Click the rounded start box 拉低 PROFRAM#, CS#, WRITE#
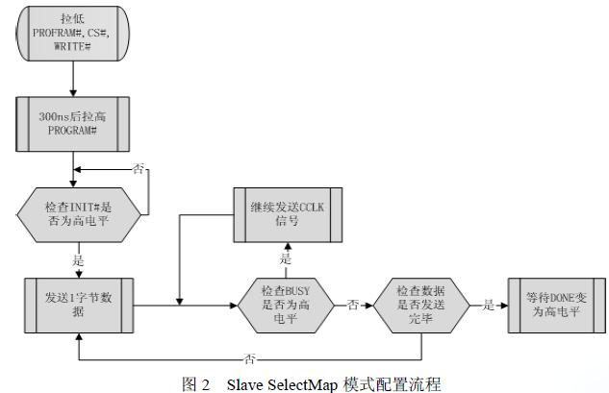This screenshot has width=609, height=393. pyautogui.click(x=73, y=34)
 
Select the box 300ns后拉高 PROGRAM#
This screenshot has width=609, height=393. pyautogui.click(x=72, y=124)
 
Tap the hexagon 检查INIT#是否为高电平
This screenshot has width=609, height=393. pyautogui.click(x=79, y=215)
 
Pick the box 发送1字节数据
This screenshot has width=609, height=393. pyautogui.click(x=79, y=306)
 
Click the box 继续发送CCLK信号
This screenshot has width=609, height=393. pyautogui.click(x=288, y=215)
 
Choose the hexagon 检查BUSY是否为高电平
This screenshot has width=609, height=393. pyautogui.click(x=286, y=306)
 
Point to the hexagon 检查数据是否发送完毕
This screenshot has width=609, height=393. pyautogui.click(x=421, y=306)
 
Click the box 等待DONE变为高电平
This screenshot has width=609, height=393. pyautogui.click(x=557, y=306)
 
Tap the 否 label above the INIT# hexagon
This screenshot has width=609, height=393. pyautogui.click(x=139, y=169)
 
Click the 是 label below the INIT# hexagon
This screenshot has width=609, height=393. pyautogui.click(x=79, y=260)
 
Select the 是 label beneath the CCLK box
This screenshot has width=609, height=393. pyautogui.click(x=286, y=258)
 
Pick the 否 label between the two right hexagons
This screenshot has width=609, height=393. pyautogui.click(x=353, y=305)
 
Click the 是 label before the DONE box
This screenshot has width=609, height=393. pyautogui.click(x=489, y=305)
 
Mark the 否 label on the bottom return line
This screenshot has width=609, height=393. pyautogui.click(x=250, y=358)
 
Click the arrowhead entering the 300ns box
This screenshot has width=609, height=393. pyautogui.click(x=73, y=93)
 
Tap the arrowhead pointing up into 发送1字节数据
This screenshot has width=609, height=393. pyautogui.click(x=79, y=336)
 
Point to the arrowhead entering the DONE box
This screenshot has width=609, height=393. pyautogui.click(x=504, y=306)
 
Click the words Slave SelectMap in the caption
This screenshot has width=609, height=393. pyautogui.click(x=282, y=384)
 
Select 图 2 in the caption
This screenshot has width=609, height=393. pyautogui.click(x=195, y=384)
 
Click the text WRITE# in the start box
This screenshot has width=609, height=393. pyautogui.click(x=72, y=46)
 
